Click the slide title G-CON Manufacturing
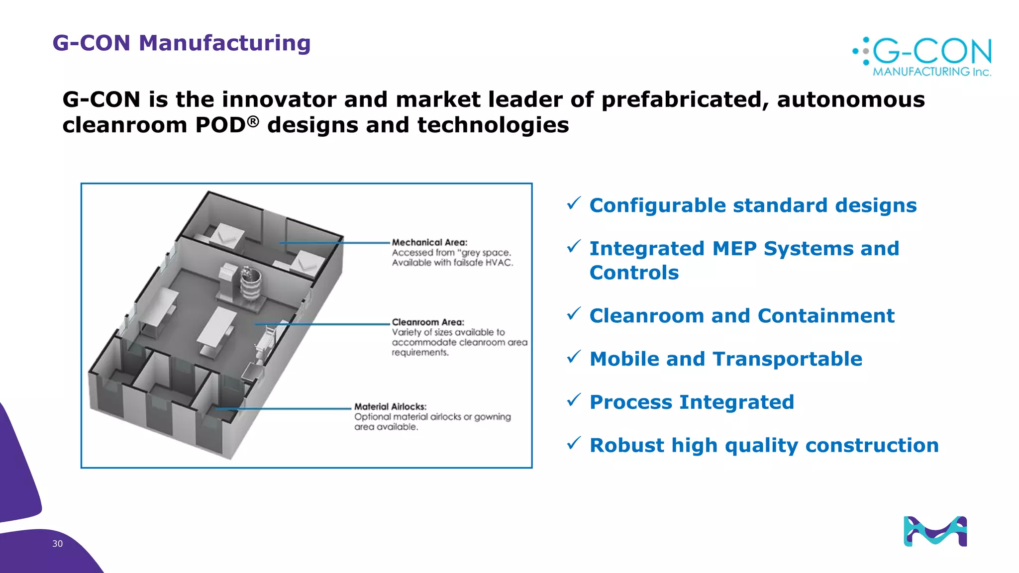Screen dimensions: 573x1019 (x=181, y=43)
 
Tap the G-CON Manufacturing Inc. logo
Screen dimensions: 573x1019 (x=923, y=57)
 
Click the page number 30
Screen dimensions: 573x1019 (x=57, y=544)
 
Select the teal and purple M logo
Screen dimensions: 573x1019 (x=935, y=531)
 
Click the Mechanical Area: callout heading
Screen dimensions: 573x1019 (x=429, y=242)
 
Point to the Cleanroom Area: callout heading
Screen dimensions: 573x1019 (x=427, y=322)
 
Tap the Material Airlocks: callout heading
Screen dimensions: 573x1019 (x=390, y=406)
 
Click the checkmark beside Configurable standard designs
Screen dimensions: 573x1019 (x=574, y=203)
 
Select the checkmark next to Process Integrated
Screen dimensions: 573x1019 (x=574, y=399)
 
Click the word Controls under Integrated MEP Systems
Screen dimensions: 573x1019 (x=634, y=273)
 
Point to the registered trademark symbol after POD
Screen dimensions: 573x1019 (x=253, y=121)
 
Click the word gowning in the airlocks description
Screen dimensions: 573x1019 (x=492, y=417)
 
